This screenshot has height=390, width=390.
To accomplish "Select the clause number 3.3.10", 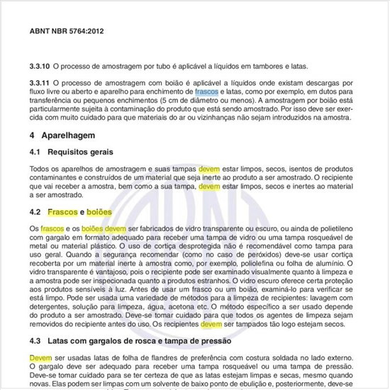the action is tap(41, 66).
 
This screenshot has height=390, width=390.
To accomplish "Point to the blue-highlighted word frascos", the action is tap(206, 92).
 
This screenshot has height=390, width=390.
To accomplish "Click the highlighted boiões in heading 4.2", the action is tap(99, 212).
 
